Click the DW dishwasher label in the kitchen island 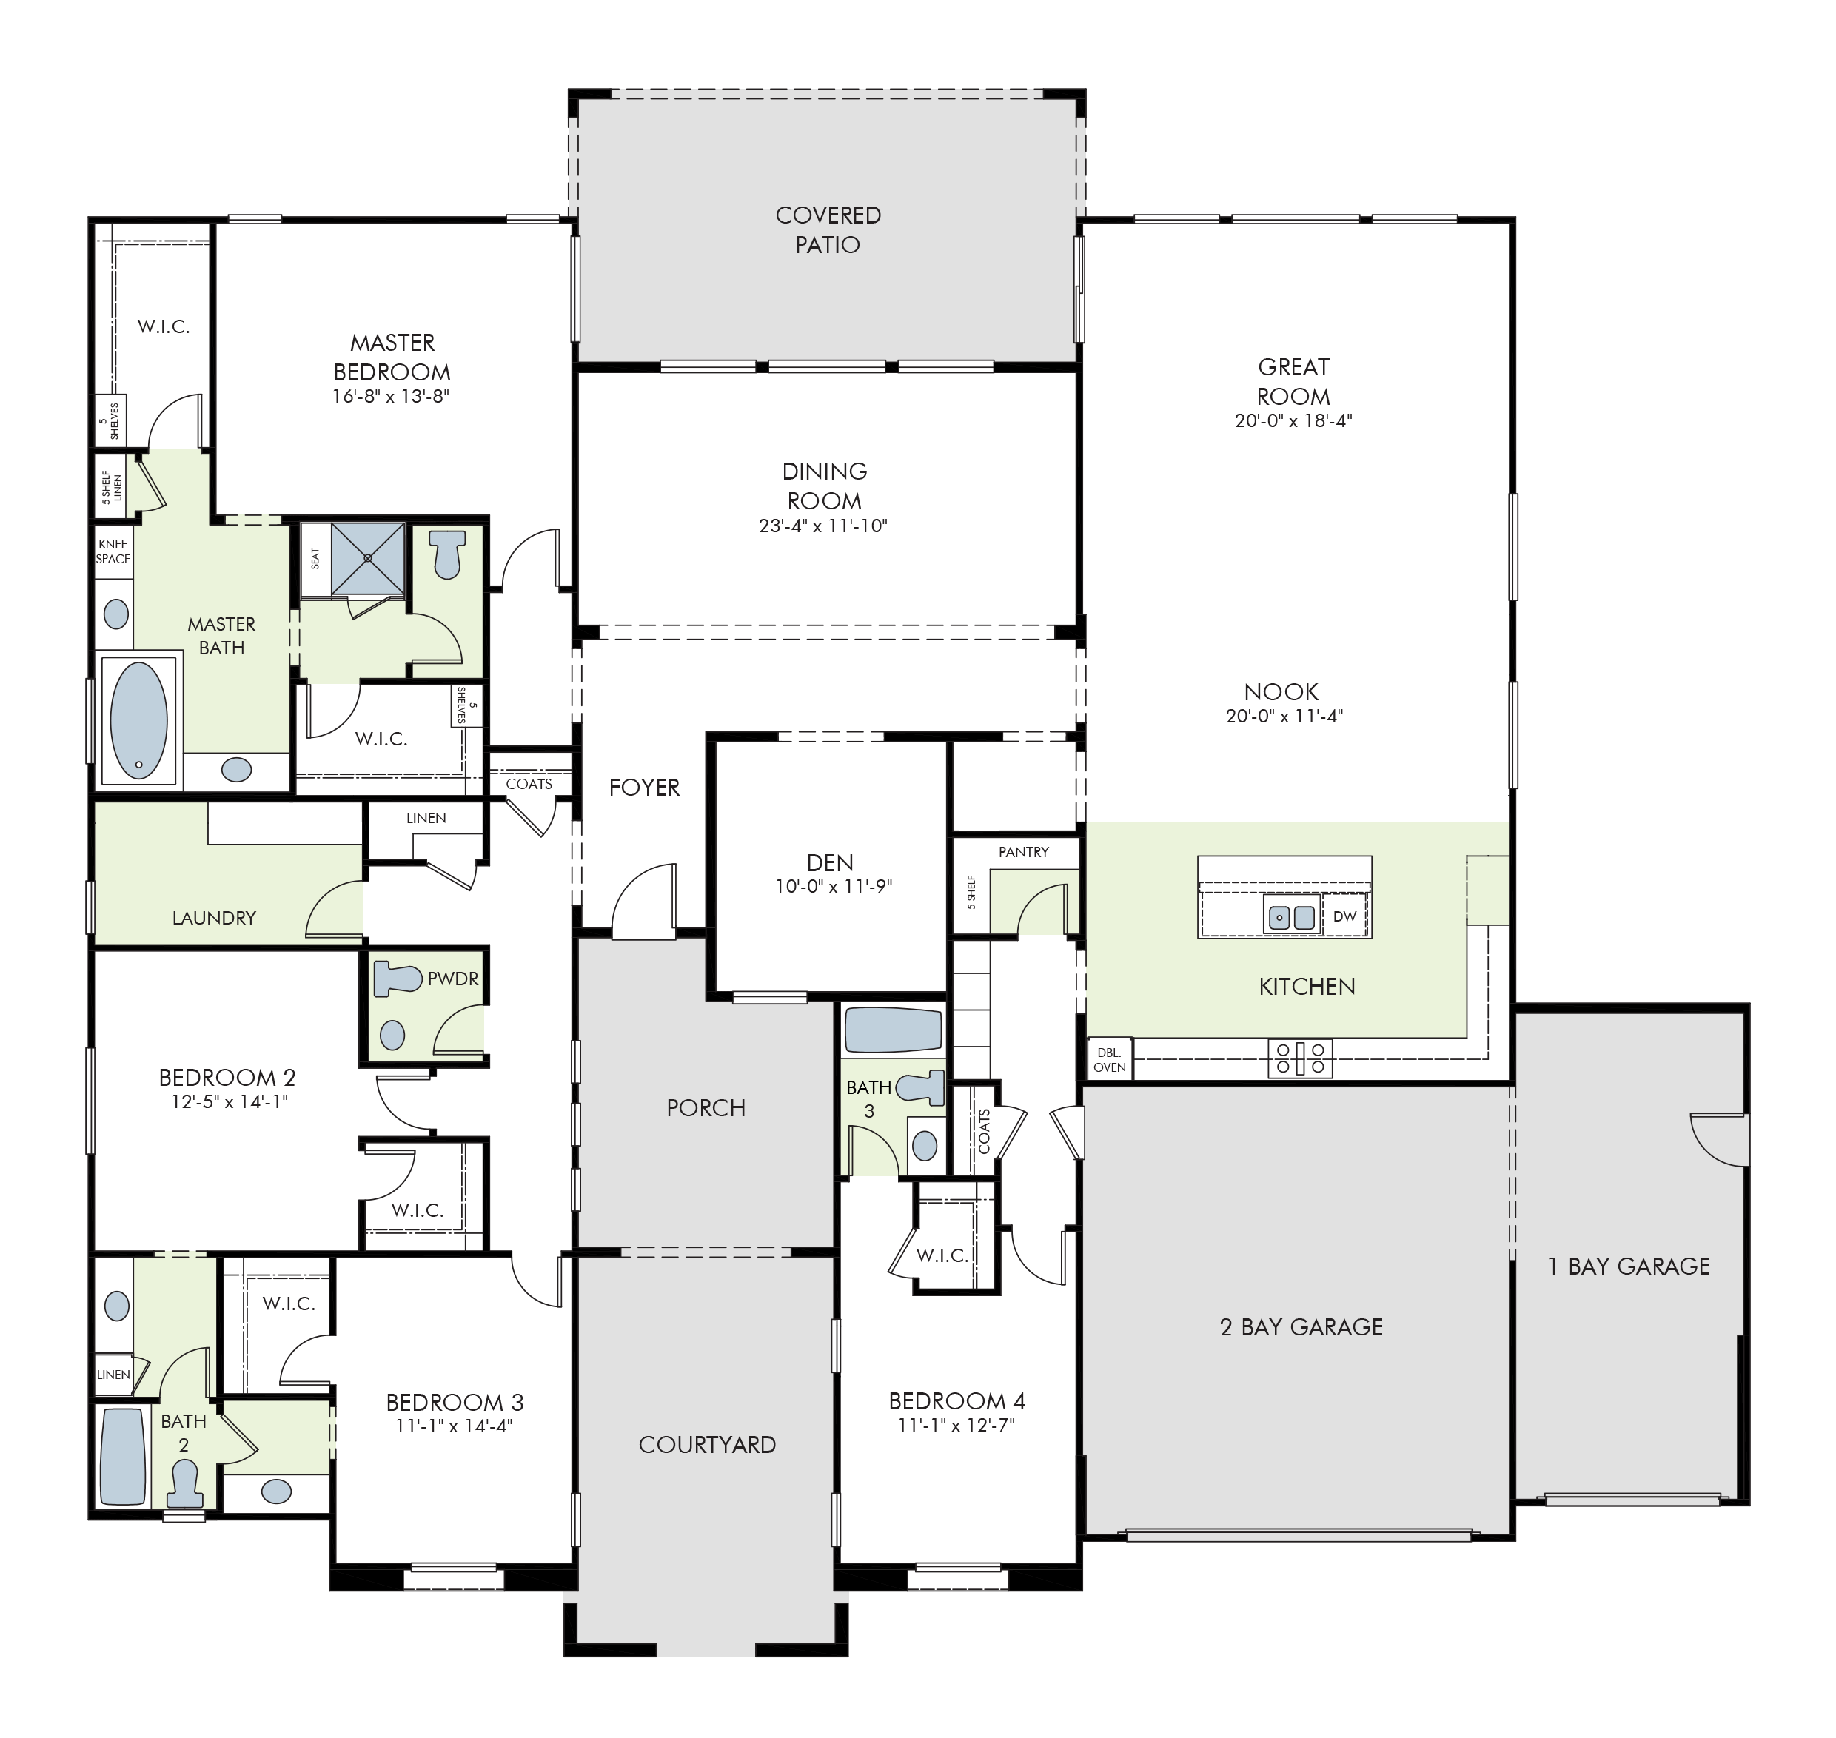[1344, 916]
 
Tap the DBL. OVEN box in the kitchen [1110, 1059]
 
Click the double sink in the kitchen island [1292, 917]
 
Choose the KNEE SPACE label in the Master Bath [113, 551]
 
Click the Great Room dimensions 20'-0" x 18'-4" [1293, 420]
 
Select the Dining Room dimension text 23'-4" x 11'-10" [824, 526]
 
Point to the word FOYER [644, 788]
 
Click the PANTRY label [1024, 851]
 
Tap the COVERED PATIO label [828, 229]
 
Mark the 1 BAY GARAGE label [1629, 1266]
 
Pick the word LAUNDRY [213, 917]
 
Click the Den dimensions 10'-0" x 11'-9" [833, 887]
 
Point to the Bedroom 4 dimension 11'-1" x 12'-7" [956, 1426]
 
